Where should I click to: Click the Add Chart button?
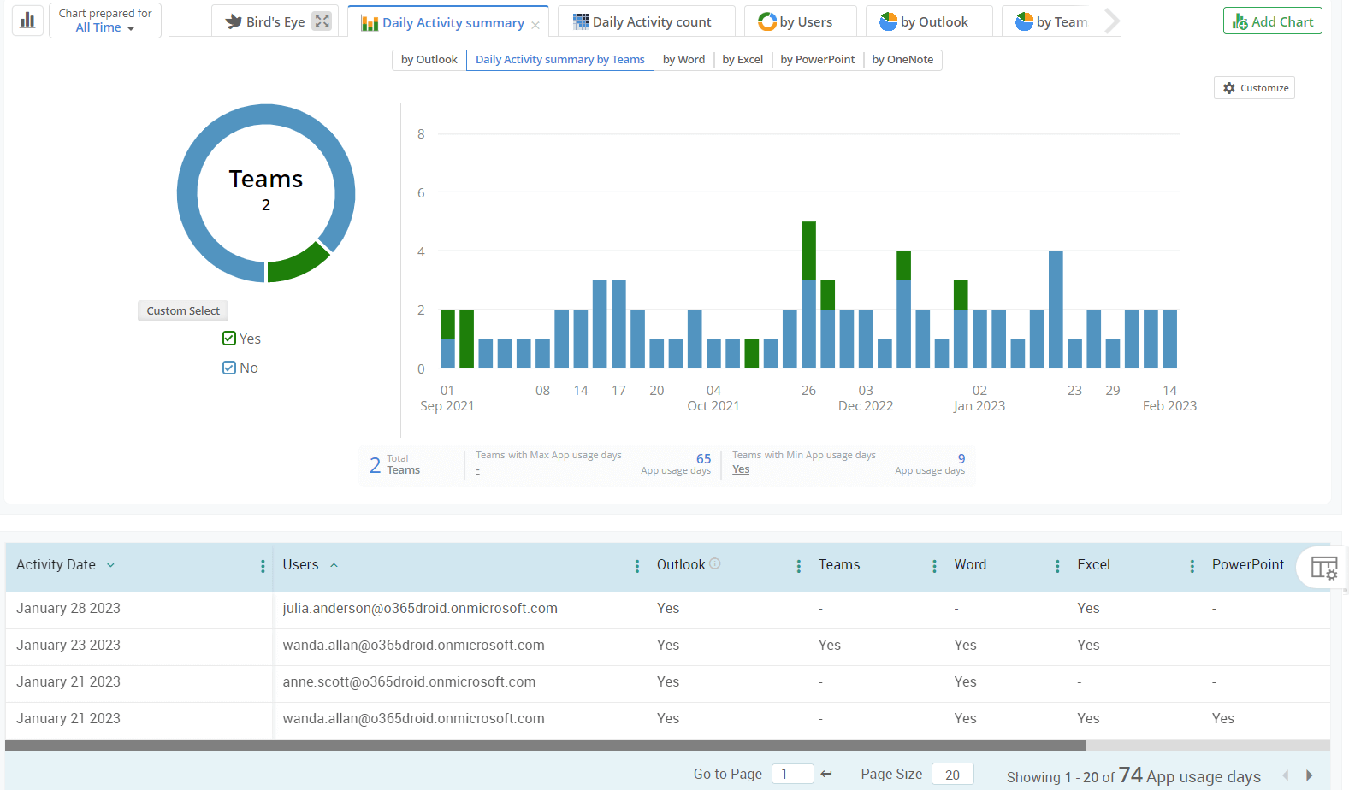[x=1272, y=21]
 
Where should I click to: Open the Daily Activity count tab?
[x=644, y=22]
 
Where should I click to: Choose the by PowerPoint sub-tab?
[x=817, y=60]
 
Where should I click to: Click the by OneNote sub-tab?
[x=902, y=60]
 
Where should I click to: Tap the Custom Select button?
[x=182, y=311]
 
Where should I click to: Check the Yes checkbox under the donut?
[x=229, y=339]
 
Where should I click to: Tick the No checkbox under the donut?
[x=229, y=368]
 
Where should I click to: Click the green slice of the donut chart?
[x=297, y=263]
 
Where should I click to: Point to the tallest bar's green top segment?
[x=808, y=250]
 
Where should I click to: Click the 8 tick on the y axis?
[x=421, y=134]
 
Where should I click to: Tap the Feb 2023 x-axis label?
[x=1169, y=406]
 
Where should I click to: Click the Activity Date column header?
[x=56, y=565]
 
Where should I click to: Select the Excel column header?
[x=1093, y=565]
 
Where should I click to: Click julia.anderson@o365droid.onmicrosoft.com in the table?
[x=420, y=609]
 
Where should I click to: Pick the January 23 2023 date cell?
[x=68, y=646]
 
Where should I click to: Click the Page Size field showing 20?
[x=952, y=775]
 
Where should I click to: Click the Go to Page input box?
[x=792, y=775]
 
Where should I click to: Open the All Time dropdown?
[x=105, y=28]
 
